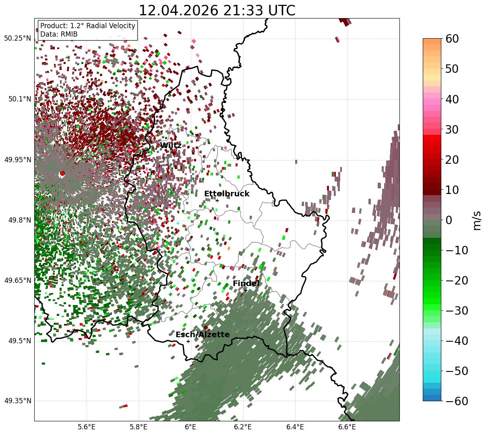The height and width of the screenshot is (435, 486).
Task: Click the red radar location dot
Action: (62, 173)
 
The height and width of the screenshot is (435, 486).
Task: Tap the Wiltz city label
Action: (171, 145)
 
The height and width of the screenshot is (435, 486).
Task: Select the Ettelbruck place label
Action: (227, 194)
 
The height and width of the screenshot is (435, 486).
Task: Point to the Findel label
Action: (246, 283)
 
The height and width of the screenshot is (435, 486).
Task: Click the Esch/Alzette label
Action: (203, 334)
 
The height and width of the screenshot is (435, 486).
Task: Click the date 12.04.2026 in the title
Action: (179, 10)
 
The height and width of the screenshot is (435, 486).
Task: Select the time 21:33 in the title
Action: (243, 10)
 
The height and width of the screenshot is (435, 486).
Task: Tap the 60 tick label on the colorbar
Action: (452, 39)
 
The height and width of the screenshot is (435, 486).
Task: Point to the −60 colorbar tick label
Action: (457, 401)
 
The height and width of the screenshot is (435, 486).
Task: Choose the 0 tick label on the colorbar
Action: (449, 220)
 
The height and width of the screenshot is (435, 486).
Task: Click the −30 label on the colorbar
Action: (457, 311)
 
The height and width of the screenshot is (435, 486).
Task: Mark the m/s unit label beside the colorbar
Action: (477, 221)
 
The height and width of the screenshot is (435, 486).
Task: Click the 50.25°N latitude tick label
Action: (18, 38)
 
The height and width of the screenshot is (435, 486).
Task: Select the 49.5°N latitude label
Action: (20, 341)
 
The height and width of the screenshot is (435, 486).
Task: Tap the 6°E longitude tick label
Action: (191, 427)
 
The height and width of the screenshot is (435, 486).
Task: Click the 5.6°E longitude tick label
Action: (87, 427)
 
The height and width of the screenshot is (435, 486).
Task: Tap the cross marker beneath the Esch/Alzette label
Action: (188, 341)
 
